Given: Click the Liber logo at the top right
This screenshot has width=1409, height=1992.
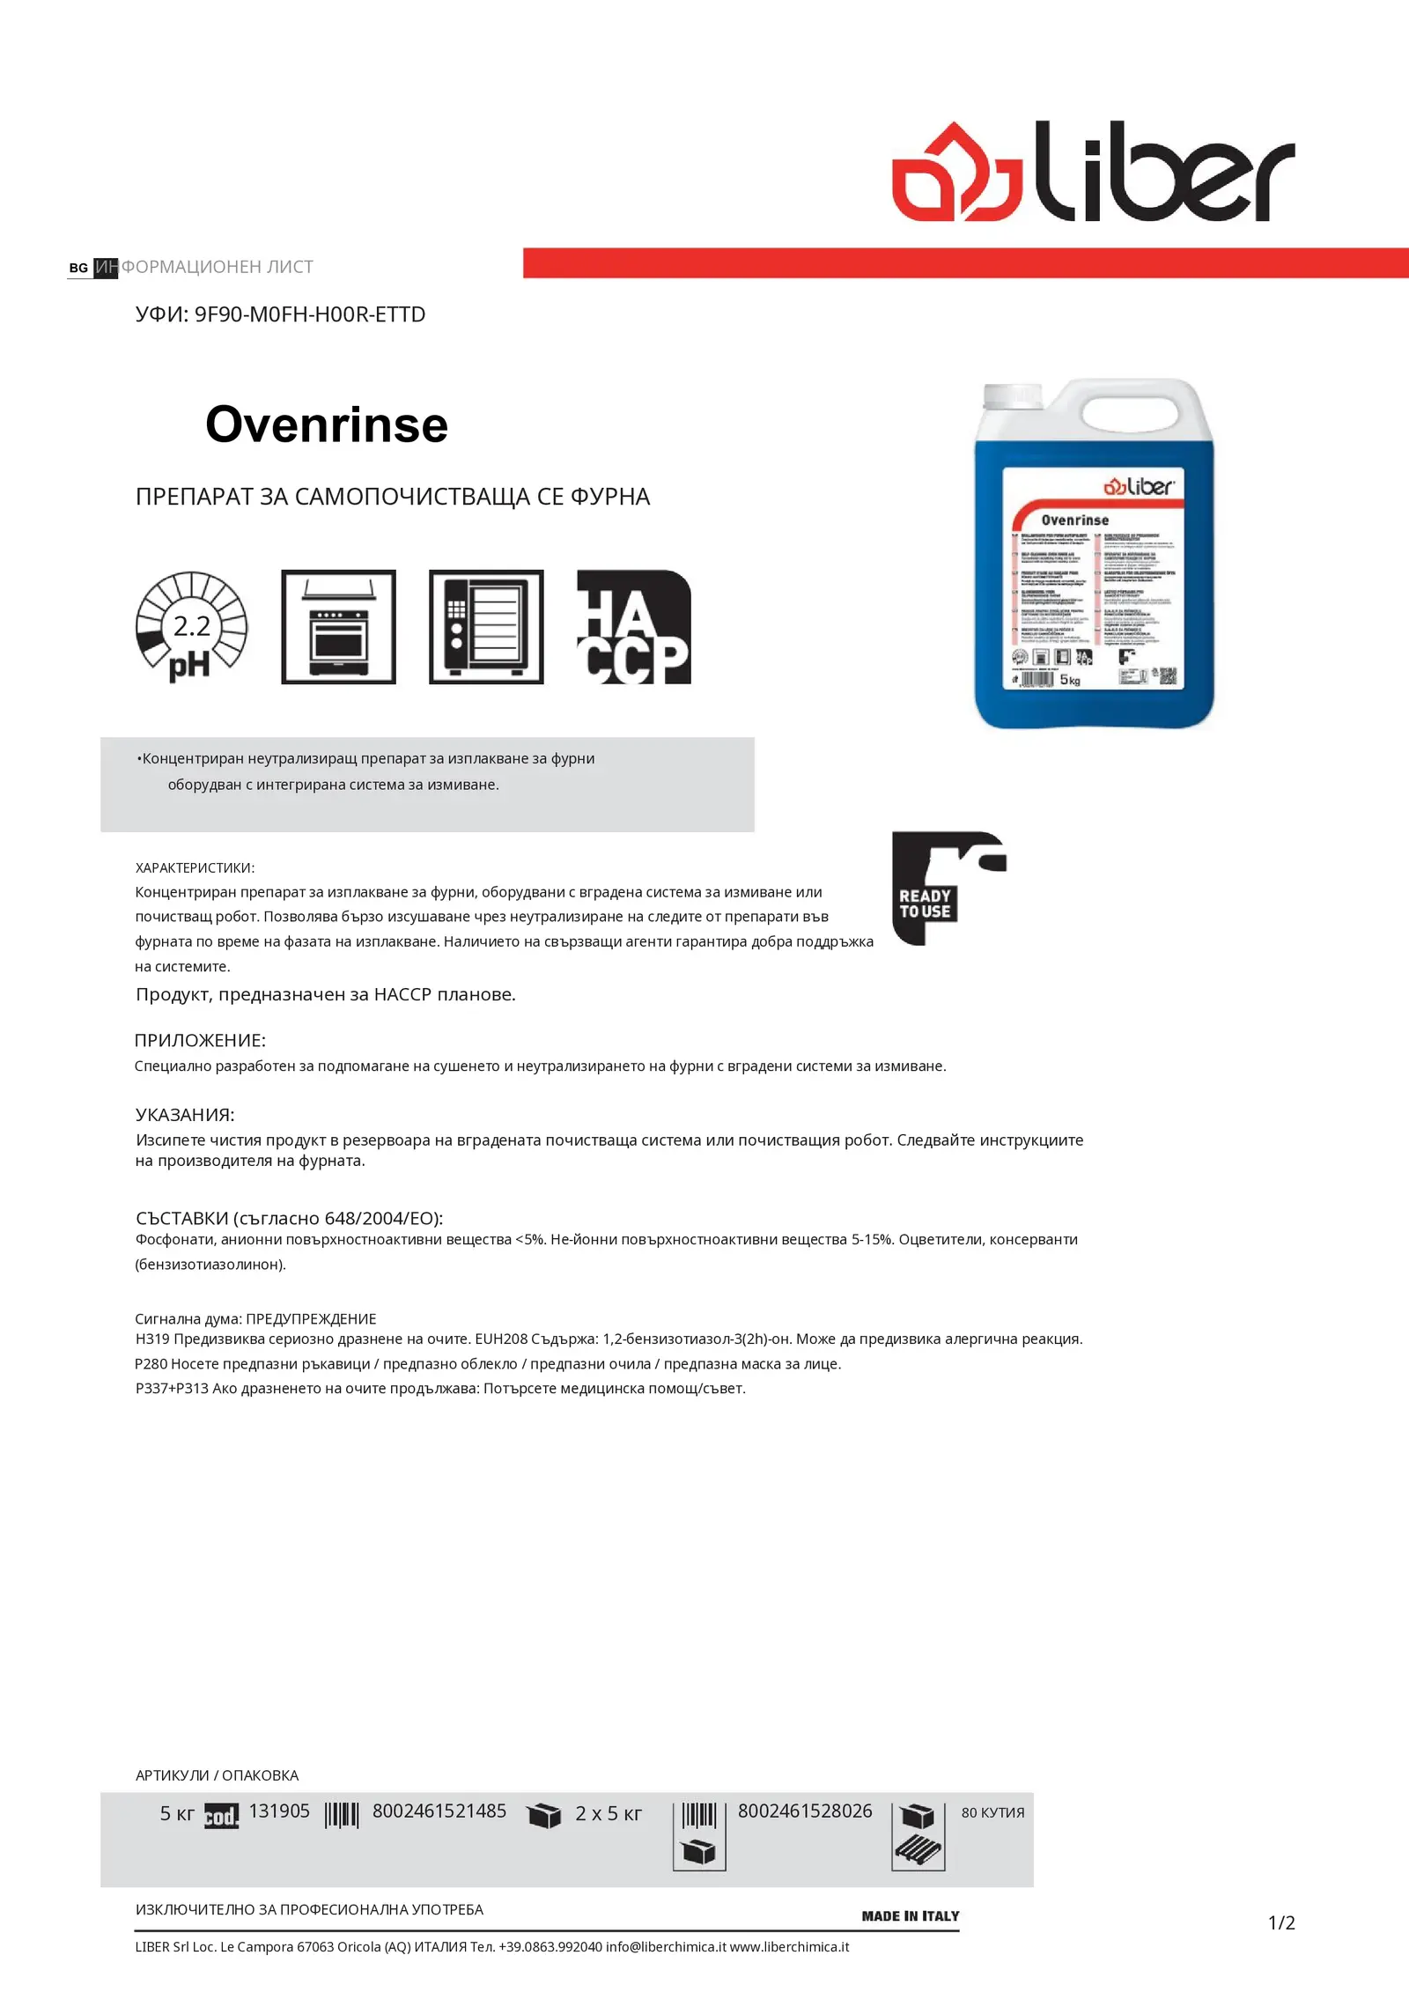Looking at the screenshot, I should tap(1093, 172).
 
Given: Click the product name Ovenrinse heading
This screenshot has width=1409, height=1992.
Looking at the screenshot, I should tap(327, 424).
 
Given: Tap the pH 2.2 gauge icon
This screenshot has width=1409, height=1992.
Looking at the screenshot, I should tap(191, 627).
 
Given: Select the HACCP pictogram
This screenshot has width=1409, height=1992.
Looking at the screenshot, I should tap(633, 627).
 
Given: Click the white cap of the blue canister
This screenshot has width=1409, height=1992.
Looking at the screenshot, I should tap(1013, 396).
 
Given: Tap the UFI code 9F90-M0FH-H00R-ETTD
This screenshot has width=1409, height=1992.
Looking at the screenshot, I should tap(309, 314).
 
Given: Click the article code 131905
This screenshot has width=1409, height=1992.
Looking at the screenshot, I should tap(279, 1811).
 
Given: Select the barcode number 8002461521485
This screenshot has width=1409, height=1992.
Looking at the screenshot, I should tap(439, 1811).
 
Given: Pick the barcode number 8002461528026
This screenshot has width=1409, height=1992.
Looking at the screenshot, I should tap(804, 1811).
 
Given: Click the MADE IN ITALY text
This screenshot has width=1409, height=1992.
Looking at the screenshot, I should tap(910, 1915).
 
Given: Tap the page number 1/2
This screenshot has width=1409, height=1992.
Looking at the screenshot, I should tap(1281, 1922).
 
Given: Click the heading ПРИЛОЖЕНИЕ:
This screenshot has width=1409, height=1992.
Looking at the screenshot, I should tap(200, 1040).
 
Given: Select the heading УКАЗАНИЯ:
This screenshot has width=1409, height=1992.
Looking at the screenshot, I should tap(185, 1114).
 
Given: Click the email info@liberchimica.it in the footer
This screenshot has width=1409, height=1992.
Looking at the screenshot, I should tap(666, 1946).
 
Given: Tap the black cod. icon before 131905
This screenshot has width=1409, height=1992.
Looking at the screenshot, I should tap(221, 1816).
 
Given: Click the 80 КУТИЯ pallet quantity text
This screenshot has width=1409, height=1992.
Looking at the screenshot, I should tap(992, 1812).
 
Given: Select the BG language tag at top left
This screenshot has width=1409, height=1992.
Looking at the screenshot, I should tap(78, 268).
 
